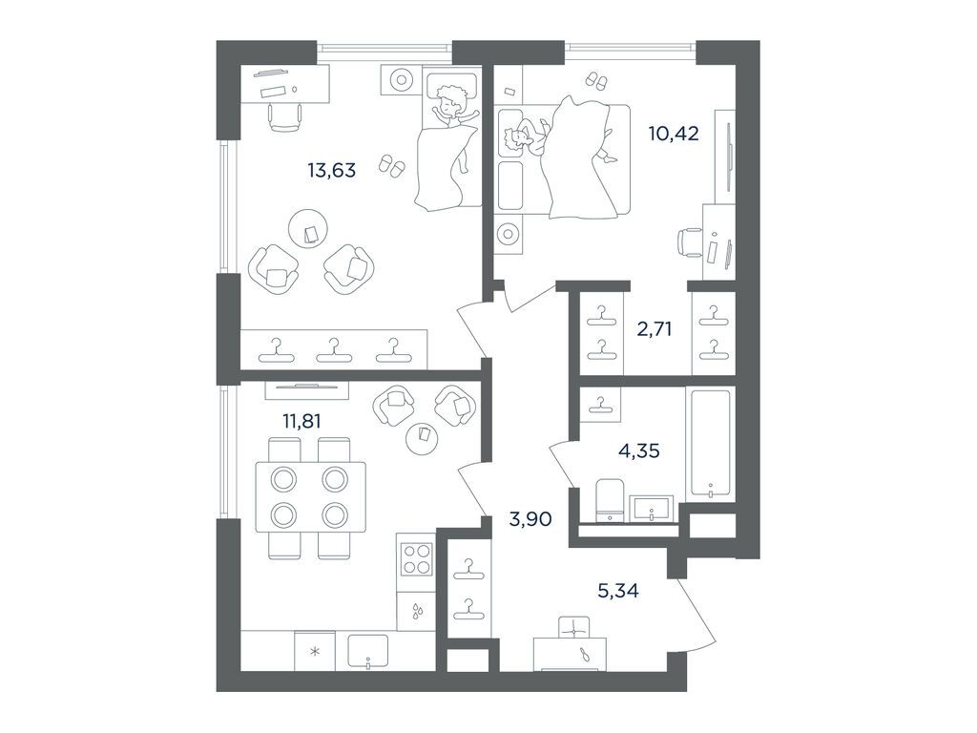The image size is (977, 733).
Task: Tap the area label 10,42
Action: coord(675,133)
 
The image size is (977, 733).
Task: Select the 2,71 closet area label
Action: coord(655,330)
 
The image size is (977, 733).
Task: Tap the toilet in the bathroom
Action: coord(608,500)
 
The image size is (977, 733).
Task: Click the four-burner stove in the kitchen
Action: coord(416,559)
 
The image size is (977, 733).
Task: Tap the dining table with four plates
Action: coord(308,496)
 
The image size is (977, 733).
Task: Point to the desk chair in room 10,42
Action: coord(689,241)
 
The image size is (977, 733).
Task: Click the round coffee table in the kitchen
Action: coord(421,437)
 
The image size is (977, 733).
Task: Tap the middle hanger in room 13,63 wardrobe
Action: coord(332,350)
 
